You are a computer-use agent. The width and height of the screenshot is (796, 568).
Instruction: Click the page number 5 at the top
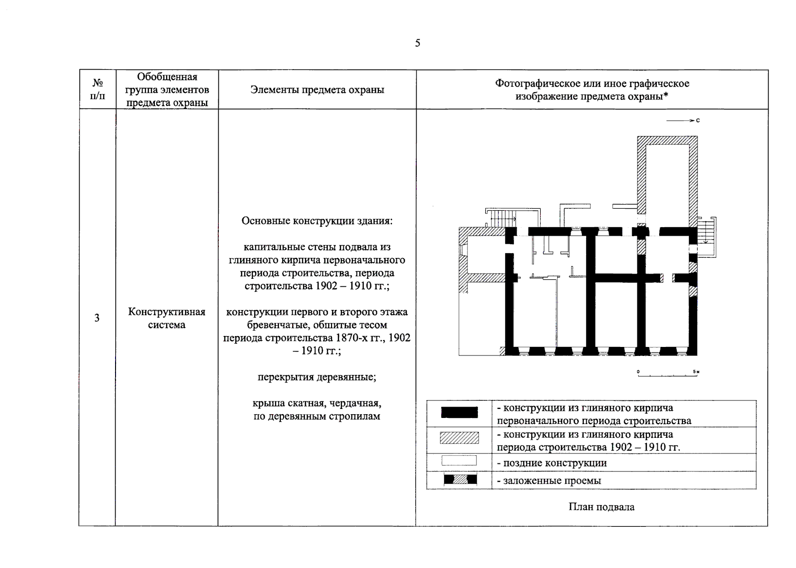point(417,43)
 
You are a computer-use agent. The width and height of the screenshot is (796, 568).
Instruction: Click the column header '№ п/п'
point(98,89)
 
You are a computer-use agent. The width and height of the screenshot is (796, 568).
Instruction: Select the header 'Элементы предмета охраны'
point(317,90)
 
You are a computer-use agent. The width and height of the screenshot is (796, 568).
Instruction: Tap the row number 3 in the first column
point(97,318)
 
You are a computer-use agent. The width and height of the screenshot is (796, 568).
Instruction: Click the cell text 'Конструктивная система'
point(167,318)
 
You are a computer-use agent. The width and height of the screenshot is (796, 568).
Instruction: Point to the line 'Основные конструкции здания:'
point(317,221)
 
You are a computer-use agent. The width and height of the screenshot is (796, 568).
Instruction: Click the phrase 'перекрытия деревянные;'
point(317,377)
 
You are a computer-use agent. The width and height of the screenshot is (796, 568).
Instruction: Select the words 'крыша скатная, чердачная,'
point(317,403)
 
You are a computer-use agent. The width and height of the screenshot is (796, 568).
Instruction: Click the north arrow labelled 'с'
point(682,121)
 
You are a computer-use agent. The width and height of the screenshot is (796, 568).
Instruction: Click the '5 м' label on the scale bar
point(696,372)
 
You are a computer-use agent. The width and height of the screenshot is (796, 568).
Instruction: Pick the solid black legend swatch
point(459,412)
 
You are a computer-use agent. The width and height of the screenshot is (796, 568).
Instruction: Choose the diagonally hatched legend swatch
point(459,438)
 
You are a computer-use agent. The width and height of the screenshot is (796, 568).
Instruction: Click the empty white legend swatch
point(459,461)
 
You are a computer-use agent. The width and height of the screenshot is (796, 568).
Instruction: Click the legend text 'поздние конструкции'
point(555,463)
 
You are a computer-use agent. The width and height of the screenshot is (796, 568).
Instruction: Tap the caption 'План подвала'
point(601,507)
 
